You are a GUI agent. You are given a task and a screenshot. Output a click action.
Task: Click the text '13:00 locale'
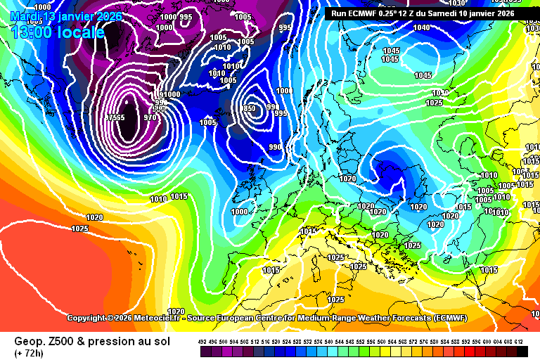coord(58,32)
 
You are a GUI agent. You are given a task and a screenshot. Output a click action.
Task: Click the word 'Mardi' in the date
coord(26,16)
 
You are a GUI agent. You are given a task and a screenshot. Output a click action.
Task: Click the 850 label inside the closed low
coord(250,108)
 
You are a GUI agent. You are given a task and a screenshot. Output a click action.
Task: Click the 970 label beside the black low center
coord(150,118)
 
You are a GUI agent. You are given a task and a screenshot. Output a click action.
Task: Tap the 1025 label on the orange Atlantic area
coord(79,229)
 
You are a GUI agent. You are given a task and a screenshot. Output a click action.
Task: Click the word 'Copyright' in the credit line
coord(86,319)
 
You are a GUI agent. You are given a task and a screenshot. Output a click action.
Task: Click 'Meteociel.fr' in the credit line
coord(159,319)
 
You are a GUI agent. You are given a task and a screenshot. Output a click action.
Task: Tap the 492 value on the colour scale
coord(202,342)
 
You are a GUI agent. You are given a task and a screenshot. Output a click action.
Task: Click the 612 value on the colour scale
coord(519,342)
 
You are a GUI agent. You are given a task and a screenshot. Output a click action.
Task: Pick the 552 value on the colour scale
coord(360,342)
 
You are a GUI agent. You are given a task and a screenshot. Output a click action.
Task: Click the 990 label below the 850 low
coord(275,147)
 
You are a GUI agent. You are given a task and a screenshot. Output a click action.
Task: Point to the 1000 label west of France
coord(240,212)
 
